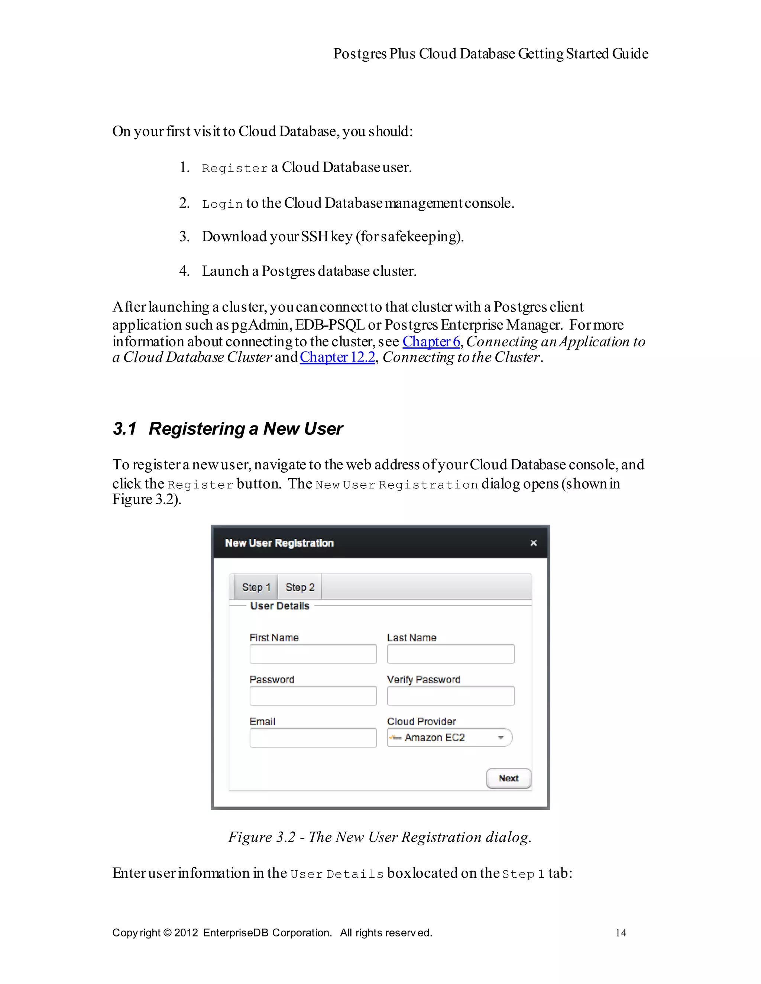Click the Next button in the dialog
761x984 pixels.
[x=508, y=778]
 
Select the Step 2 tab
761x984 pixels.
[x=299, y=587]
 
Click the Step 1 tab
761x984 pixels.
[x=256, y=587]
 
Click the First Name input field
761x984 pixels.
[x=313, y=654]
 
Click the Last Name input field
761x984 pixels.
[x=451, y=654]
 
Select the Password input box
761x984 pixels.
[x=313, y=696]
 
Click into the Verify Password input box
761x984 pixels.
[x=451, y=696]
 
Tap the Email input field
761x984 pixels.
[x=313, y=738]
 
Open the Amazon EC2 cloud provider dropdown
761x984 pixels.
[x=450, y=738]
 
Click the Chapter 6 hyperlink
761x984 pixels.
[x=431, y=342]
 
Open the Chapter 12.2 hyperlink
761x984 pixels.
[x=337, y=357]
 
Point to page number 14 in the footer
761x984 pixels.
[x=621, y=933]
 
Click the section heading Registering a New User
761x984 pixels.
[x=246, y=428]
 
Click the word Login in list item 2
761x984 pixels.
[x=223, y=204]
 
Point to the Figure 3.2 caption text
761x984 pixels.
[x=380, y=837]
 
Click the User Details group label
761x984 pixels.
[x=280, y=606]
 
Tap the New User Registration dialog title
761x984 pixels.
[x=279, y=543]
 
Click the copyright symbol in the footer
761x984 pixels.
[x=167, y=933]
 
